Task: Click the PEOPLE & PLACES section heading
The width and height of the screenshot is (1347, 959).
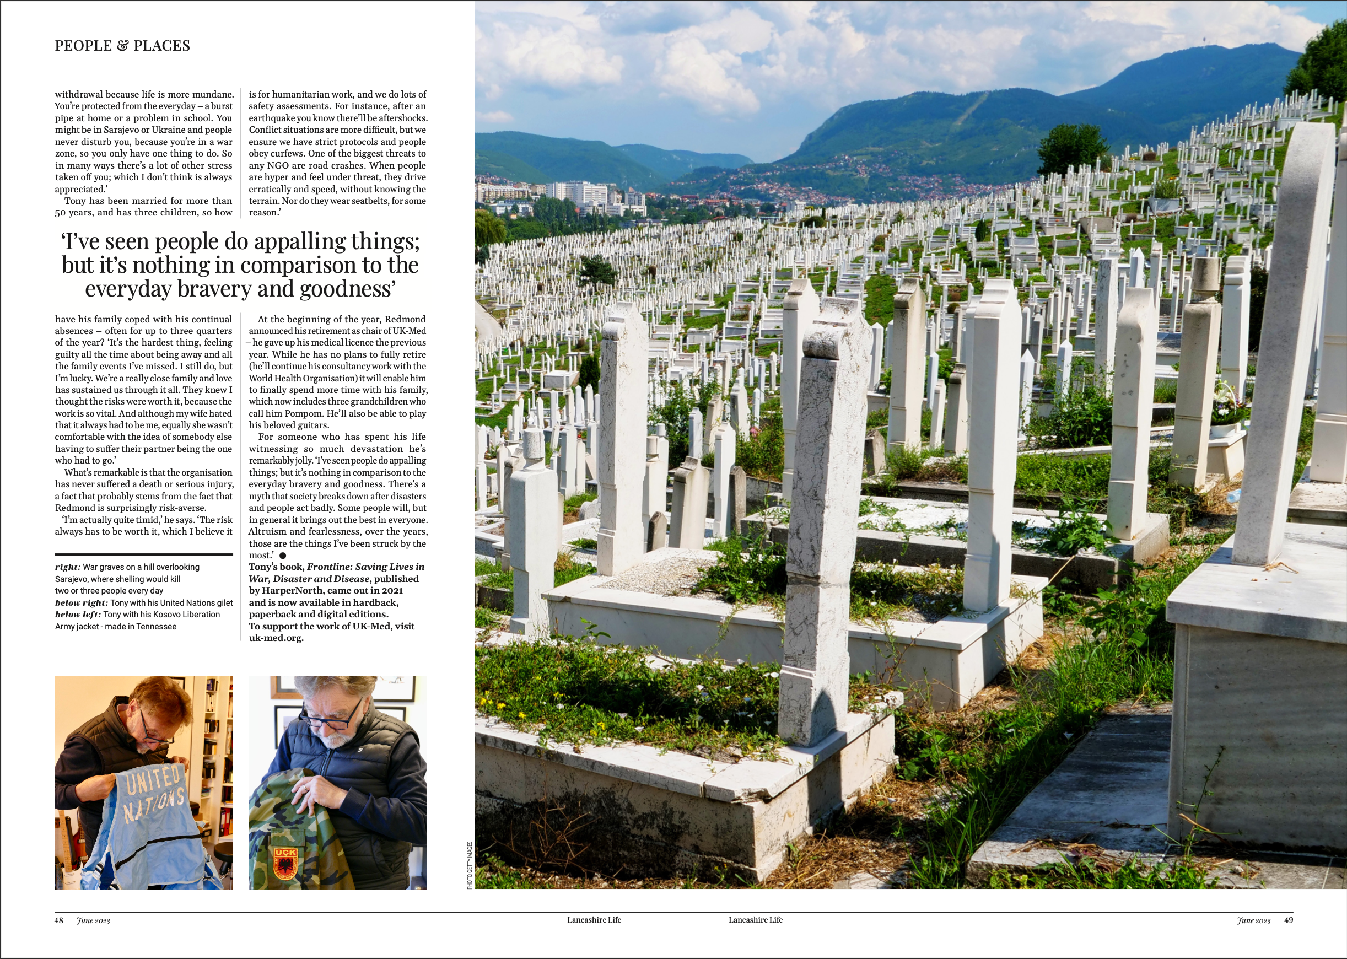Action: pos(122,46)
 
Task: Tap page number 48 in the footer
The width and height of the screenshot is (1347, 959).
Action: pos(58,920)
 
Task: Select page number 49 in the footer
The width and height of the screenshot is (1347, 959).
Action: pos(1289,919)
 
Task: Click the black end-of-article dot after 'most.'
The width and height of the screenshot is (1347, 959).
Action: pos(283,556)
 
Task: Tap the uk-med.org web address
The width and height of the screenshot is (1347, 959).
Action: pos(276,638)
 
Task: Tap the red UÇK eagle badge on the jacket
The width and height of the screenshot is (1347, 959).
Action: pos(285,863)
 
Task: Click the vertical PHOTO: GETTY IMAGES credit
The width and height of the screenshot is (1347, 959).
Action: pos(470,865)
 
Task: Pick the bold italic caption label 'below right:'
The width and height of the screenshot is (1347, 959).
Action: pos(82,603)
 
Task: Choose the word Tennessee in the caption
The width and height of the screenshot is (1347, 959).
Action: pos(156,627)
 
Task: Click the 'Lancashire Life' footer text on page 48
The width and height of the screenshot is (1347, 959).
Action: pos(594,920)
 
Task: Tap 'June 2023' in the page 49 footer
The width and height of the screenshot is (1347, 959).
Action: pos(1253,920)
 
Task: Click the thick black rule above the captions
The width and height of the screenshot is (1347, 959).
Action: pos(143,554)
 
